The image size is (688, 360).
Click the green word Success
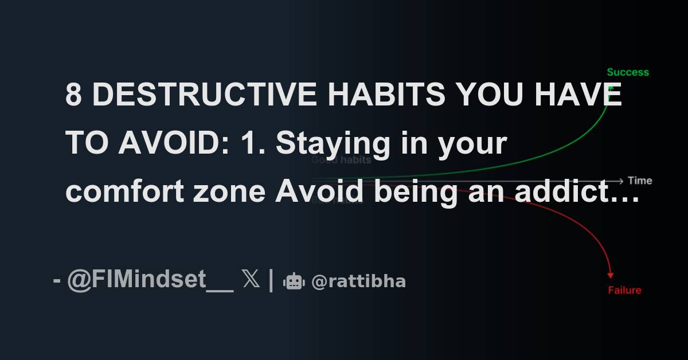click(x=628, y=72)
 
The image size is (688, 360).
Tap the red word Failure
click(x=624, y=290)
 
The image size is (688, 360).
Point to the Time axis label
click(x=640, y=181)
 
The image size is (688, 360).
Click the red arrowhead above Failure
click(x=611, y=275)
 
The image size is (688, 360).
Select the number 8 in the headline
click(x=73, y=95)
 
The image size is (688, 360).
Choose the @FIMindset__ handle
click(x=150, y=280)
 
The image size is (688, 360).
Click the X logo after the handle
click(x=251, y=281)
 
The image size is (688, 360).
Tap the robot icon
click(x=294, y=281)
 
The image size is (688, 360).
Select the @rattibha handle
click(x=358, y=281)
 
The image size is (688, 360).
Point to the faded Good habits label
click(x=341, y=161)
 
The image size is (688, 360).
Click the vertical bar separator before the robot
click(x=271, y=281)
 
